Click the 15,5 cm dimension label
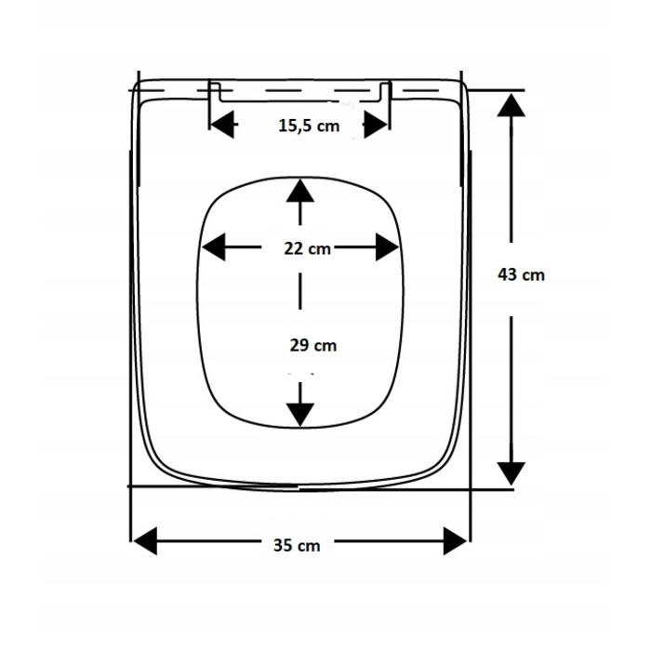tap(309, 126)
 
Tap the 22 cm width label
tap(307, 248)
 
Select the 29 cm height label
tap(313, 345)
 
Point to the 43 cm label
tap(521, 274)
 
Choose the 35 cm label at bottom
tap(297, 545)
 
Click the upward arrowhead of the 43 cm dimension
tap(511, 105)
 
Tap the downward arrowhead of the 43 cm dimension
tap(511, 473)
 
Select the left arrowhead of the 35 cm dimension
tap(144, 541)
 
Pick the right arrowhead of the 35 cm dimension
tap(456, 541)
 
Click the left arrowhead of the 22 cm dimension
tap(213, 247)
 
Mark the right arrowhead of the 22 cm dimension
tap(387, 247)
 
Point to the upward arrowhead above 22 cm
tap(299, 191)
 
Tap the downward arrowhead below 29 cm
tap(299, 415)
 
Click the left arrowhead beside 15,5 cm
tap(221, 124)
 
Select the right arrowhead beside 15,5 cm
tap(376, 124)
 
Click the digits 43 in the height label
tap(508, 274)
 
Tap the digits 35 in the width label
tap(284, 545)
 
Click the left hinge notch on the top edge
tap(215, 92)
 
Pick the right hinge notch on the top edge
tap(386, 92)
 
